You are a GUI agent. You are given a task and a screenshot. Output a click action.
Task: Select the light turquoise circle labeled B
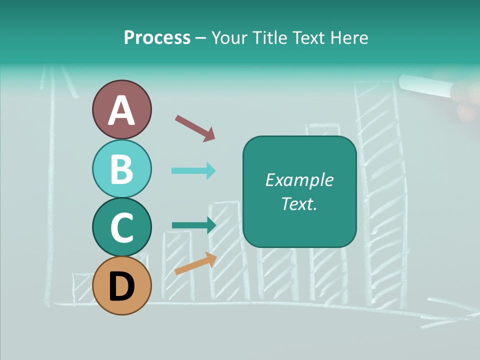tap(121, 169)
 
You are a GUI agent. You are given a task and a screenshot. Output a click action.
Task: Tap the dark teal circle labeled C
tap(121, 227)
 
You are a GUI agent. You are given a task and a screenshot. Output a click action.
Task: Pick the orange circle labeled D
tap(121, 285)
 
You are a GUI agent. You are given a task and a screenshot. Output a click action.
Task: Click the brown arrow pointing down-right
tap(195, 127)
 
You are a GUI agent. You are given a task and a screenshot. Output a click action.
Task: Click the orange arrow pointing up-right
tap(195, 263)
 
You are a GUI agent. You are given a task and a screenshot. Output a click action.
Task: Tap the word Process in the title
tap(157, 37)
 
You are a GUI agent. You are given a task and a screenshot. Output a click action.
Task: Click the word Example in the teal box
tap(299, 180)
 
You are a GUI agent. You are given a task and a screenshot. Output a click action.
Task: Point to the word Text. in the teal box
tap(299, 203)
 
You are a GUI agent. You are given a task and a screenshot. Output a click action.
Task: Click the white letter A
tap(121, 110)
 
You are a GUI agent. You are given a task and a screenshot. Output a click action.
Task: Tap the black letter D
tap(121, 286)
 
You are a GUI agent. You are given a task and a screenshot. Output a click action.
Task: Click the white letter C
tap(121, 227)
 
